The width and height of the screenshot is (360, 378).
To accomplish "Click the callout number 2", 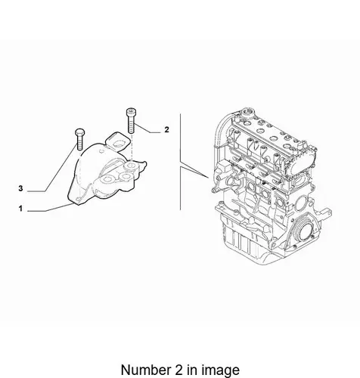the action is click(166, 129).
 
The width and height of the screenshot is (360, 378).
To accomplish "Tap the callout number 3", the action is click(20, 188).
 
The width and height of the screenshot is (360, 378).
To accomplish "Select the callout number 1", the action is click(20, 209).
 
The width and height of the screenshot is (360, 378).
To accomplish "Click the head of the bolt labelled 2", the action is click(131, 113).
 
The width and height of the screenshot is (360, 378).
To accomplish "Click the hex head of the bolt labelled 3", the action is click(79, 132).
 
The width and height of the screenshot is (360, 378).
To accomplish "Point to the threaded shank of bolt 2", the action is click(131, 125).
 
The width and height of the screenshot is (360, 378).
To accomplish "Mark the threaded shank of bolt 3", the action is click(79, 143).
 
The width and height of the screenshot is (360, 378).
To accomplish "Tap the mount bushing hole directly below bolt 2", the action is click(132, 166).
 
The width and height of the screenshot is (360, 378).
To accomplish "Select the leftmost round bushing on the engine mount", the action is click(107, 180).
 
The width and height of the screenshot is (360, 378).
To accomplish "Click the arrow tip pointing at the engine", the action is click(209, 178).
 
